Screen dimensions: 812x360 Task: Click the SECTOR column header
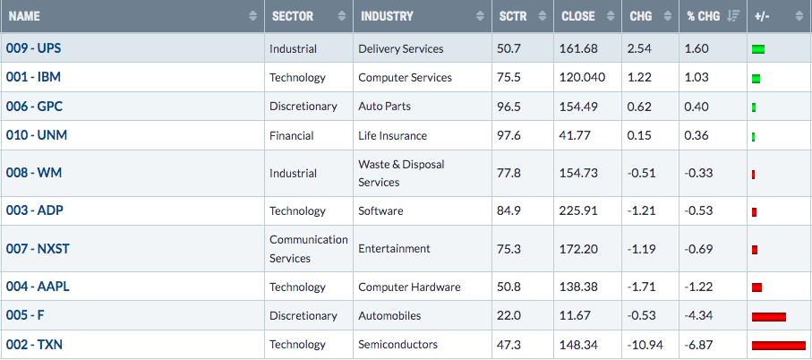(293, 16)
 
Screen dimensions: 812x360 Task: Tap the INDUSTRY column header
(387, 16)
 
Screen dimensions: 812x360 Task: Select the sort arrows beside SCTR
(542, 16)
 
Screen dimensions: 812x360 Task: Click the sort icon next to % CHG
(732, 16)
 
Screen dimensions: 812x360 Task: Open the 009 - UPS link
(33, 48)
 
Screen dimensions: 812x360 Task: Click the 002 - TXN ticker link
(34, 344)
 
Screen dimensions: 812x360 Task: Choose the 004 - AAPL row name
(38, 286)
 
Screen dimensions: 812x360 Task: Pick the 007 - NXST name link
(38, 249)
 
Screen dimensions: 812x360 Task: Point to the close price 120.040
(582, 77)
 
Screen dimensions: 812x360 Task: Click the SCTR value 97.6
(510, 135)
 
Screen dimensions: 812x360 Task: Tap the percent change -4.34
(698, 315)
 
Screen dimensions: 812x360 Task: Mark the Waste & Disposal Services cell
(401, 173)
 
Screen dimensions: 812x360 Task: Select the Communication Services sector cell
(309, 249)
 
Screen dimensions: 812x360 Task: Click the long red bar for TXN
(778, 346)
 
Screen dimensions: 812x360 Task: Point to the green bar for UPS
(758, 50)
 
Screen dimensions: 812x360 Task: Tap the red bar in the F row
(768, 316)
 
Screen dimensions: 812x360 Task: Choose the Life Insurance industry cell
(392, 135)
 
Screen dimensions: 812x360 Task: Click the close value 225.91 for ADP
(578, 210)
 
